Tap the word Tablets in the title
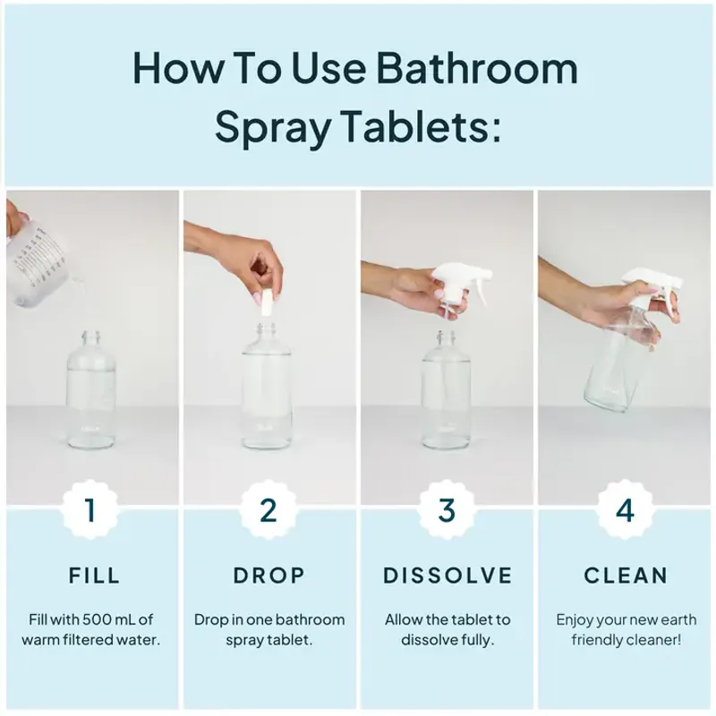[420, 128]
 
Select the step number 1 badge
[89, 510]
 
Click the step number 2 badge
[268, 510]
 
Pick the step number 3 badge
[447, 510]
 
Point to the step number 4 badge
[625, 510]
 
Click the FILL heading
[94, 575]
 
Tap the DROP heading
[269, 575]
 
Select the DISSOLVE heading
[447, 575]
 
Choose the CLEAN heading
[626, 575]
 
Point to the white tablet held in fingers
[266, 302]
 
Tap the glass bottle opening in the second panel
[262, 336]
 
